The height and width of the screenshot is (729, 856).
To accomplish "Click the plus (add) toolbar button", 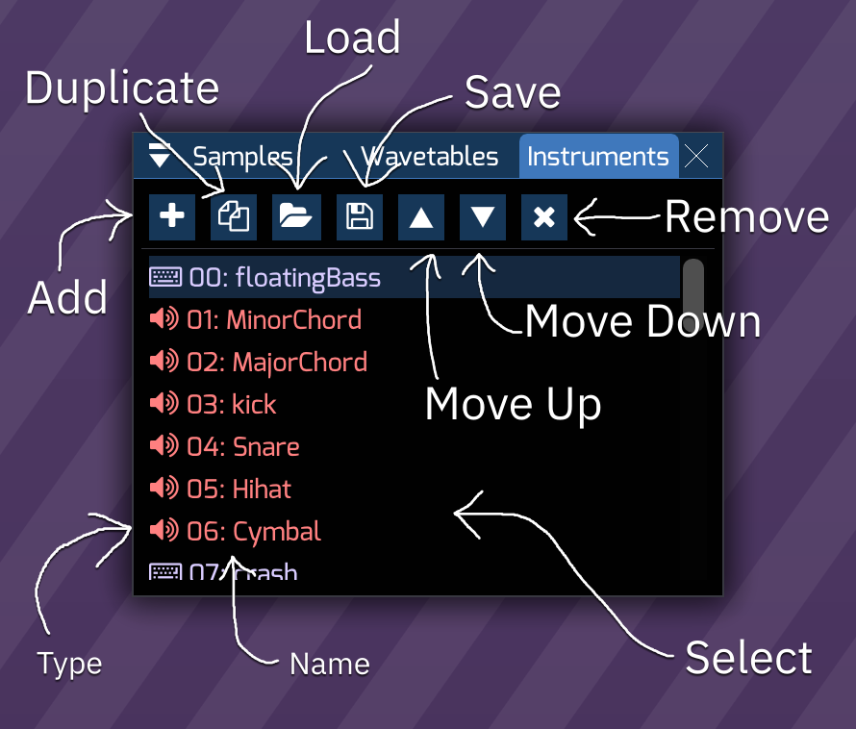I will [172, 216].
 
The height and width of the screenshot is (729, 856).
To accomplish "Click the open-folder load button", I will [296, 216].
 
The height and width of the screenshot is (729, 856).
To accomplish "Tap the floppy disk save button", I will [359, 216].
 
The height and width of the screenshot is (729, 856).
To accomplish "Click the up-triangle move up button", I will [421, 216].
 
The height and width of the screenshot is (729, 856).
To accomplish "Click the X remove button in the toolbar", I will [544, 216].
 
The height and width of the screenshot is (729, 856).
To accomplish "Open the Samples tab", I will [242, 156].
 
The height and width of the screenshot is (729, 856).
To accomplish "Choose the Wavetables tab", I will [430, 156].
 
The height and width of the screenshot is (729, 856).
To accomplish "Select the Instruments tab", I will [597, 156].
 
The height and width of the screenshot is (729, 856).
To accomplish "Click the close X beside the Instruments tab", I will [696, 156].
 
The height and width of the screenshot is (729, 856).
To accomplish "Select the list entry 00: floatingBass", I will [285, 278].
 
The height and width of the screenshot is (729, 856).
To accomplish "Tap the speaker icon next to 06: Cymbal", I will [164, 530].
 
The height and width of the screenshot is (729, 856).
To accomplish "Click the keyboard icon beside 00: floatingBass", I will [165, 278].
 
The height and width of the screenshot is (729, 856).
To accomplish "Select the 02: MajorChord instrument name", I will [277, 362].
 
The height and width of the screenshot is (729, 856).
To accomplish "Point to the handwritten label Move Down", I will [642, 321].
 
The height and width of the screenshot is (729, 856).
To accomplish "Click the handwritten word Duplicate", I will [122, 88].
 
